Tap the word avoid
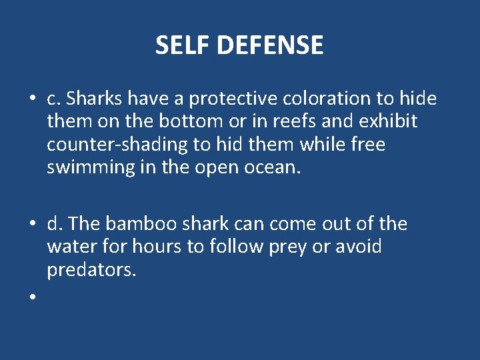click(x=360, y=247)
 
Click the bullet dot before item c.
click(x=32, y=100)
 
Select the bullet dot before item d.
click(x=32, y=225)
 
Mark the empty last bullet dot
click(x=32, y=298)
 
